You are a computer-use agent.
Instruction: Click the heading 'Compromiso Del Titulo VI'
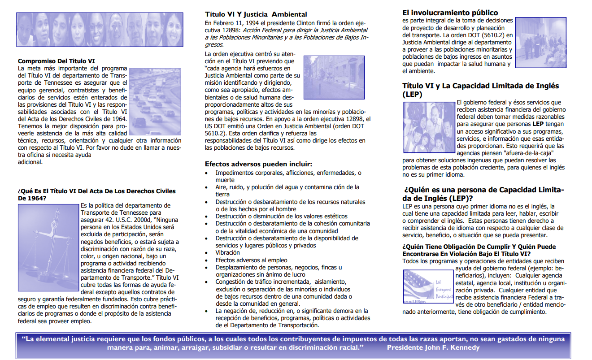pyautogui.click(x=56, y=61)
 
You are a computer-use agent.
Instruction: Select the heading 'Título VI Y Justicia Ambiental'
pyautogui.click(x=256, y=14)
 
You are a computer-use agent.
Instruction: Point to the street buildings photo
pyautogui.click(x=334, y=77)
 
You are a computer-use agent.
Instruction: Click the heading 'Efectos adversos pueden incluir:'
pyautogui.click(x=258, y=164)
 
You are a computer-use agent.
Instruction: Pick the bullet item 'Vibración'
pyautogui.click(x=227, y=253)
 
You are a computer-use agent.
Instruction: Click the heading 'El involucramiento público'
pyautogui.click(x=450, y=13)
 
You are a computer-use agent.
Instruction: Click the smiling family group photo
pyautogui.click(x=428, y=128)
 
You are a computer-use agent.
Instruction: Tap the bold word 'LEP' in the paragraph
pyautogui.click(x=538, y=124)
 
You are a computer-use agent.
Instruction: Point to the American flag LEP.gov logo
pyautogui.click(x=428, y=286)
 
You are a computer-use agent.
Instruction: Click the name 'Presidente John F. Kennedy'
pyautogui.click(x=433, y=348)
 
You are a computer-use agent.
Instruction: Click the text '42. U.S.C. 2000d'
pyautogui.click(x=125, y=220)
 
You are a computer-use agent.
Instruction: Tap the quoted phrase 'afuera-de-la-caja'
pyautogui.click(x=505, y=153)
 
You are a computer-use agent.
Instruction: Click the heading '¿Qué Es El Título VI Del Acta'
pyautogui.click(x=96, y=191)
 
